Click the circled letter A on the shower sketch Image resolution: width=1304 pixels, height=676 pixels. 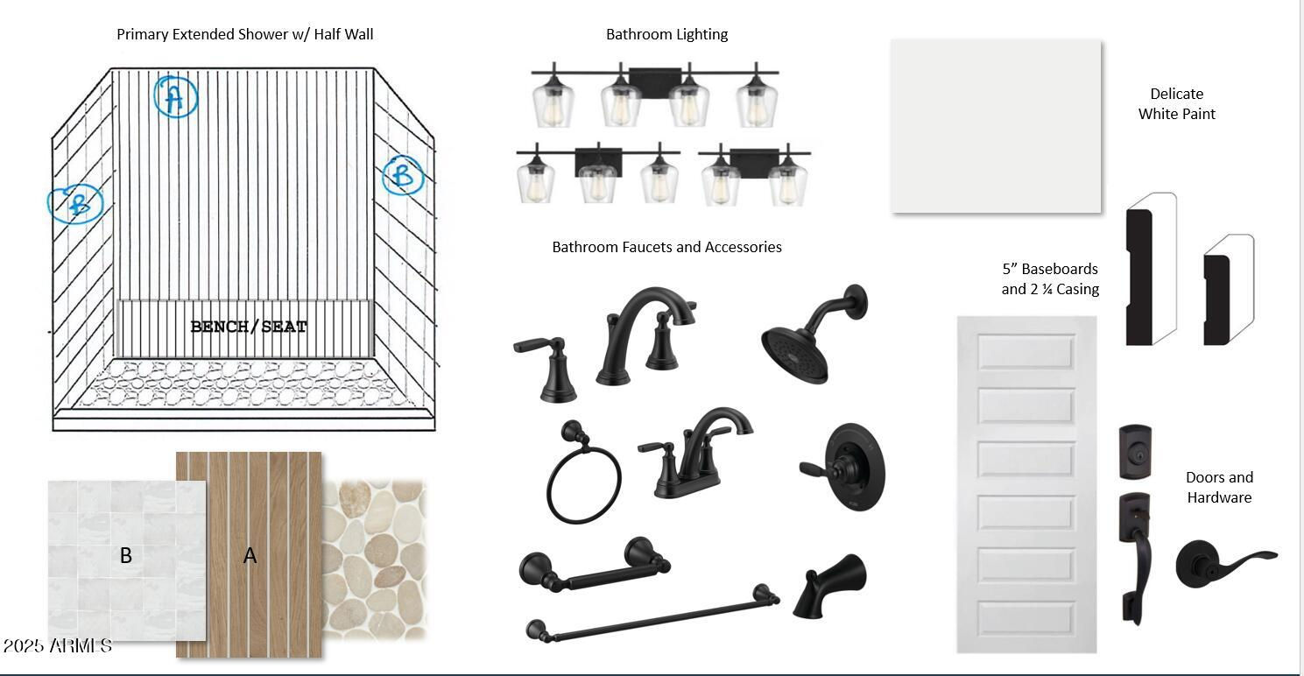tap(175, 96)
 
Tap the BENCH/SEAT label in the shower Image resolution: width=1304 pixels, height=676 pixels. tap(249, 327)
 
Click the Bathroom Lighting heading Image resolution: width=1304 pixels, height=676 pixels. tap(666, 34)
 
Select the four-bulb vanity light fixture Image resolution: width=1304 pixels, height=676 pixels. tap(655, 95)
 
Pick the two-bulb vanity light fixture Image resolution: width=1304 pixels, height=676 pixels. tap(754, 173)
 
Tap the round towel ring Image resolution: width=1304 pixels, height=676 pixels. tap(582, 473)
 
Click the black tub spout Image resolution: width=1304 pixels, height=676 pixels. tap(829, 586)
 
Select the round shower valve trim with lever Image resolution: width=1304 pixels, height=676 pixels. tap(845, 467)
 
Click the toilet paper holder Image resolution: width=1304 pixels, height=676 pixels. tap(595, 565)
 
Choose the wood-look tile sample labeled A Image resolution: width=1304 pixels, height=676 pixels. tap(249, 554)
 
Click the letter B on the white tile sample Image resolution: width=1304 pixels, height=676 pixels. tap(126, 555)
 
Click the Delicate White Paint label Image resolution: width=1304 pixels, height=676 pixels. tap(1176, 103)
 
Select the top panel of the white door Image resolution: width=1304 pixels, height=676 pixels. tap(1026, 352)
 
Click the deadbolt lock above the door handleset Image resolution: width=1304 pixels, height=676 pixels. tap(1135, 452)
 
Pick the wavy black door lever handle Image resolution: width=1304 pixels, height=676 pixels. tap(1226, 564)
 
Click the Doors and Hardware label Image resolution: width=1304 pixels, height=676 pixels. tap(1219, 488)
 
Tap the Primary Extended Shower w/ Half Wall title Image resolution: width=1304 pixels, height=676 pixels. tap(244, 34)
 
